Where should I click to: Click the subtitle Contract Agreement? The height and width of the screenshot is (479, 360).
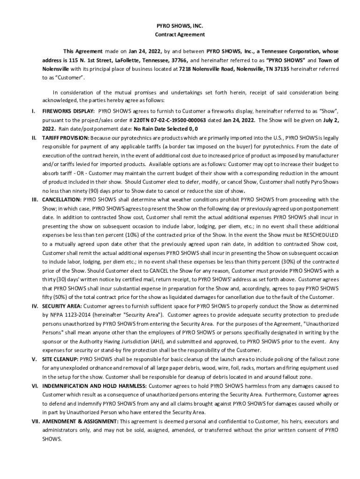click(180, 35)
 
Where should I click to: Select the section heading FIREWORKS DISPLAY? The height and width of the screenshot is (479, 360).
click(69, 111)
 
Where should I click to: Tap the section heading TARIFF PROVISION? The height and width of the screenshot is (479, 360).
click(65, 138)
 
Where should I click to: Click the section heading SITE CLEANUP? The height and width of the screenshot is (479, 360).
click(60, 359)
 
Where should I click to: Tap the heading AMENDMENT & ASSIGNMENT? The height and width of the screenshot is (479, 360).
click(80, 421)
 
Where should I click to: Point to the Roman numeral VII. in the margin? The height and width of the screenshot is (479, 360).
click(35, 421)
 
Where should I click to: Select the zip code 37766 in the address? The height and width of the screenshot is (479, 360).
click(179, 61)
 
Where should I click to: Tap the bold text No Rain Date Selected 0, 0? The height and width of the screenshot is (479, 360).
click(166, 129)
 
